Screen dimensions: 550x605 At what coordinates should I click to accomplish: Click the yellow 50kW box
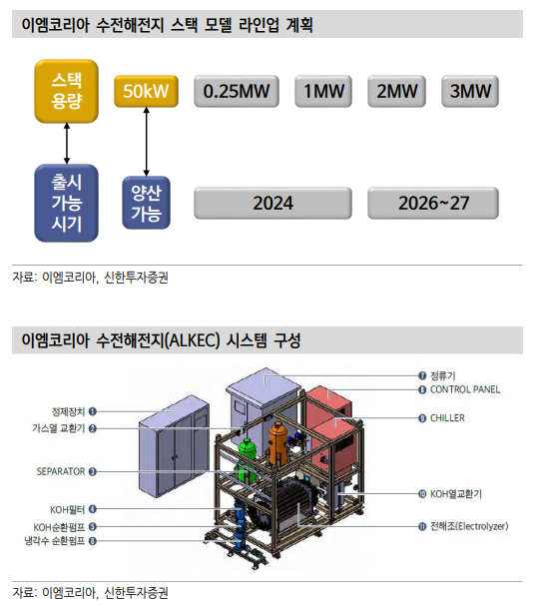(x=146, y=91)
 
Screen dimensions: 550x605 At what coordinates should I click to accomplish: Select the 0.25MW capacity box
(x=237, y=91)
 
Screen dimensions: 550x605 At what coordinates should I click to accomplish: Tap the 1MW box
(x=323, y=91)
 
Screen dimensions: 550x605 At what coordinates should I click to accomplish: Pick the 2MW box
(x=396, y=91)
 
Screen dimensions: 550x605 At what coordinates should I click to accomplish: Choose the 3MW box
(x=470, y=91)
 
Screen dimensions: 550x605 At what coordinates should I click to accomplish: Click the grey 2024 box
(x=273, y=203)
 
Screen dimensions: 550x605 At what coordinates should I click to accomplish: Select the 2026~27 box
(x=433, y=203)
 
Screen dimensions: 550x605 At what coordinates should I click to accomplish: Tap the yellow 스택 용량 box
(x=66, y=91)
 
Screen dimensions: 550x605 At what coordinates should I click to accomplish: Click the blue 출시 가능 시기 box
(x=66, y=203)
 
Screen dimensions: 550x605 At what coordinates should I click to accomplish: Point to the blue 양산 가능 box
(x=146, y=203)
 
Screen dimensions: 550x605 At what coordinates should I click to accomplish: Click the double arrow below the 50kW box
(x=146, y=142)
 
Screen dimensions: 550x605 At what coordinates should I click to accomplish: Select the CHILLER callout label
(x=447, y=418)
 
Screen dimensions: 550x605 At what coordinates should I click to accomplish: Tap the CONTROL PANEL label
(x=465, y=389)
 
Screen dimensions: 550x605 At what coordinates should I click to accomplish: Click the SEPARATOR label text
(x=61, y=471)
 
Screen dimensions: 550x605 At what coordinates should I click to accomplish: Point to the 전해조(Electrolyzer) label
(x=469, y=526)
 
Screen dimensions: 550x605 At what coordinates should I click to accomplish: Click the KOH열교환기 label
(x=456, y=494)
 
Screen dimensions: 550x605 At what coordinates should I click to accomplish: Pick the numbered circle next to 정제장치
(x=92, y=411)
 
